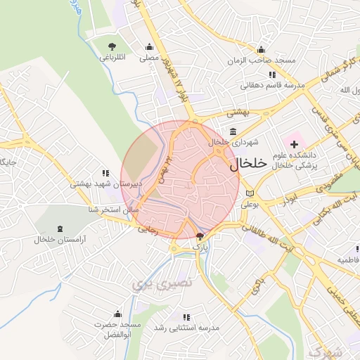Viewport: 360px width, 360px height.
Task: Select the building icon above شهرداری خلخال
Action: pyautogui.click(x=233, y=131)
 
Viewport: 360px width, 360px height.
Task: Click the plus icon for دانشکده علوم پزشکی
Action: pyautogui.click(x=294, y=143)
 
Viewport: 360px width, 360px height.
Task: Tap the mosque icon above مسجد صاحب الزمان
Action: pyautogui.click(x=262, y=49)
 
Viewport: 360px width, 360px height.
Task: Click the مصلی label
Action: pyautogui.click(x=150, y=59)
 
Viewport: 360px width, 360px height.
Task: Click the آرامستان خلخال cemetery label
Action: pyautogui.click(x=59, y=240)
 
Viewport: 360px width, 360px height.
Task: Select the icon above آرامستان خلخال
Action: pyautogui.click(x=59, y=229)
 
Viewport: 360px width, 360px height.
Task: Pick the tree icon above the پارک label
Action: pyautogui.click(x=200, y=237)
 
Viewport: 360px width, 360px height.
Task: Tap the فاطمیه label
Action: pyautogui.click(x=347, y=259)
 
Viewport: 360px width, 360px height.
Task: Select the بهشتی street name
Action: pyautogui.click(x=239, y=112)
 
